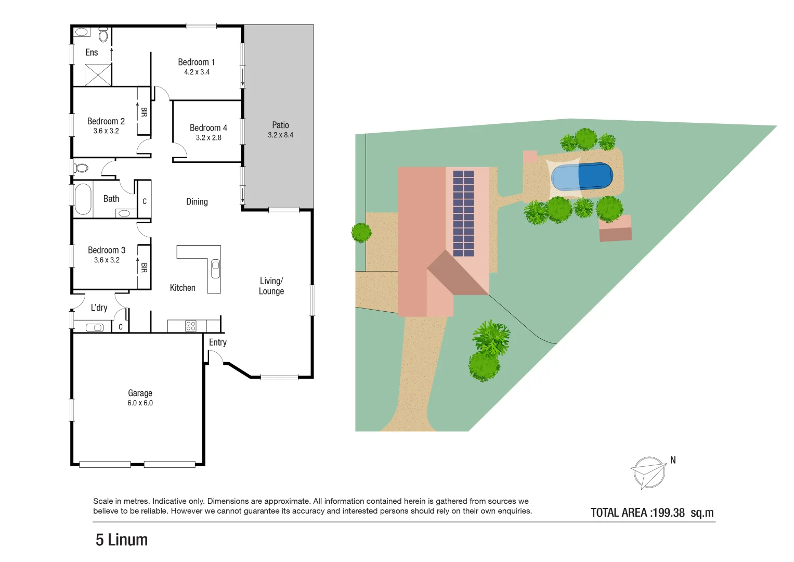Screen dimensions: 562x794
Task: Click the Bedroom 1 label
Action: [x=196, y=62]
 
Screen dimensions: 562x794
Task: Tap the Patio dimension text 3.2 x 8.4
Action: [x=280, y=135]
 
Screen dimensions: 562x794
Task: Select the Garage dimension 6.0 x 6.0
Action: [x=140, y=403]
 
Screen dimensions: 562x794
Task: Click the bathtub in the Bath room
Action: [x=83, y=199]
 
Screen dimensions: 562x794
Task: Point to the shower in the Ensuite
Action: [x=98, y=75]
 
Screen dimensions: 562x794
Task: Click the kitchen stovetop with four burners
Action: [x=191, y=326]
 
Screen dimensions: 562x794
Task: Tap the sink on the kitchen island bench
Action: [x=215, y=269]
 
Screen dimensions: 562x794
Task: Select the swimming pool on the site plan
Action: [x=581, y=177]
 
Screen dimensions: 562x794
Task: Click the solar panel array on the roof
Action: [x=463, y=213]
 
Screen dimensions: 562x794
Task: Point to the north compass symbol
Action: [x=648, y=472]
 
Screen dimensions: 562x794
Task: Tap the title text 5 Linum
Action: [x=122, y=540]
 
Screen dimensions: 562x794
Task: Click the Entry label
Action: [x=218, y=342]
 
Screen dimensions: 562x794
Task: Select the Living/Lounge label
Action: [x=271, y=286]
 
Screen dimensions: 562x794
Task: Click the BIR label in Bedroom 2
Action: [x=144, y=112]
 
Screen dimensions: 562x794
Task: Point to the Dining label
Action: [x=197, y=202]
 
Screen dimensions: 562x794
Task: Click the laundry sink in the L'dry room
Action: [x=94, y=327]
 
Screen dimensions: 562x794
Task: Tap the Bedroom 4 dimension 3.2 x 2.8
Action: [x=209, y=138]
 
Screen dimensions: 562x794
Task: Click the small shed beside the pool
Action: [x=615, y=228]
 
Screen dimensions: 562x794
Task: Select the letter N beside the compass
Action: [x=673, y=460]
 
